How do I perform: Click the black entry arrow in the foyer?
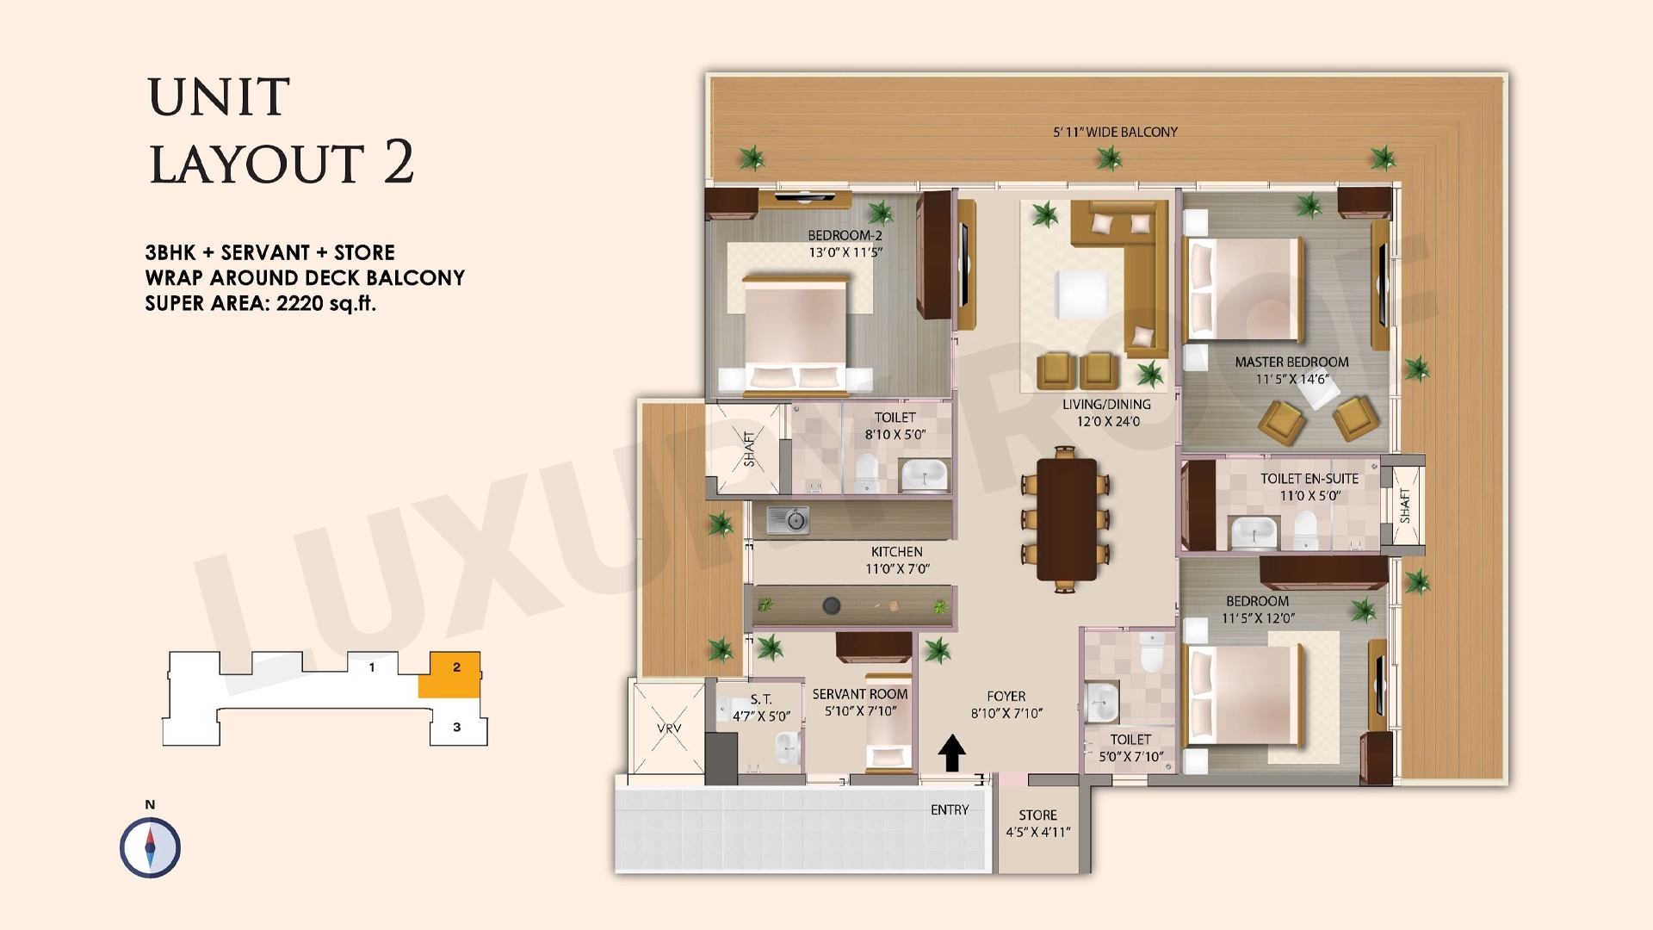tap(951, 753)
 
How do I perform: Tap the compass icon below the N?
tap(150, 848)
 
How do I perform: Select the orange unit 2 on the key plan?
tap(450, 674)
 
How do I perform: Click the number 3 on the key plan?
tap(457, 727)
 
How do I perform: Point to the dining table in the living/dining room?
tap(1066, 519)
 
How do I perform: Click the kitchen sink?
tap(788, 519)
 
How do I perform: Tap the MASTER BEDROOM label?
tap(1291, 363)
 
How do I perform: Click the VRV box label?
tap(669, 728)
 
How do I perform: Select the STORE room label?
tap(1037, 815)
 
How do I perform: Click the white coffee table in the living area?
tap(1082, 295)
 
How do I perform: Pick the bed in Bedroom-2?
tap(796, 336)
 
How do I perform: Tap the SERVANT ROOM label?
tap(860, 694)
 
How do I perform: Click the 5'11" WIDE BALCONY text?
tap(1115, 132)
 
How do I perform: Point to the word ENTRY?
tap(950, 809)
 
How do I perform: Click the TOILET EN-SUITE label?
tap(1309, 479)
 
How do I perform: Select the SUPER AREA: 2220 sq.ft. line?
tap(261, 303)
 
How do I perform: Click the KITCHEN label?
tap(896, 552)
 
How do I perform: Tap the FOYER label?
tap(1006, 696)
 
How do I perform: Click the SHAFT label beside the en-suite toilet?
tap(1405, 505)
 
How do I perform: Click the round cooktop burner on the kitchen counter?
tap(831, 605)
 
